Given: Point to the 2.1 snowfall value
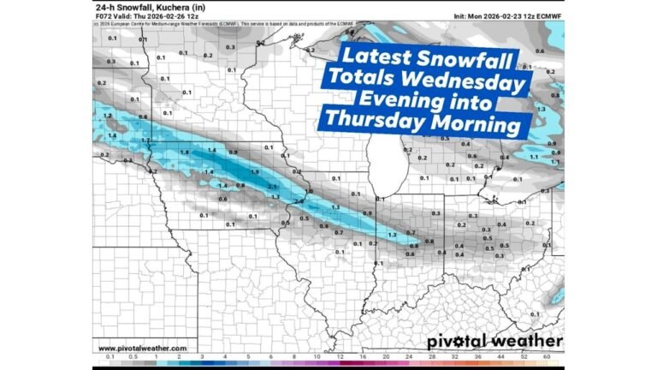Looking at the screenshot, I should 272,186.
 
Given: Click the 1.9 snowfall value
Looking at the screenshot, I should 254,171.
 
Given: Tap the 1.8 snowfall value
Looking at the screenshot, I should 184,152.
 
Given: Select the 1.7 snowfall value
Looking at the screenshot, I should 146,140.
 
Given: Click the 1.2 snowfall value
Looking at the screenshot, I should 107,115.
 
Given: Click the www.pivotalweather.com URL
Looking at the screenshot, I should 143,348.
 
